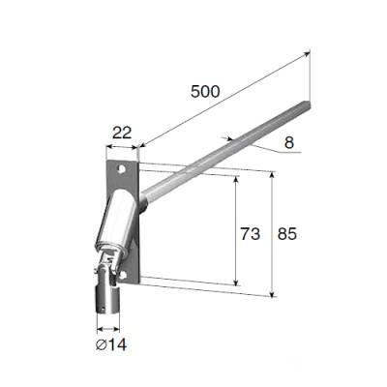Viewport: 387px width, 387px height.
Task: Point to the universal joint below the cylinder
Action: tap(109, 266)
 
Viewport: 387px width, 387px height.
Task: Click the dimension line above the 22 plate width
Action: tap(123, 145)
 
